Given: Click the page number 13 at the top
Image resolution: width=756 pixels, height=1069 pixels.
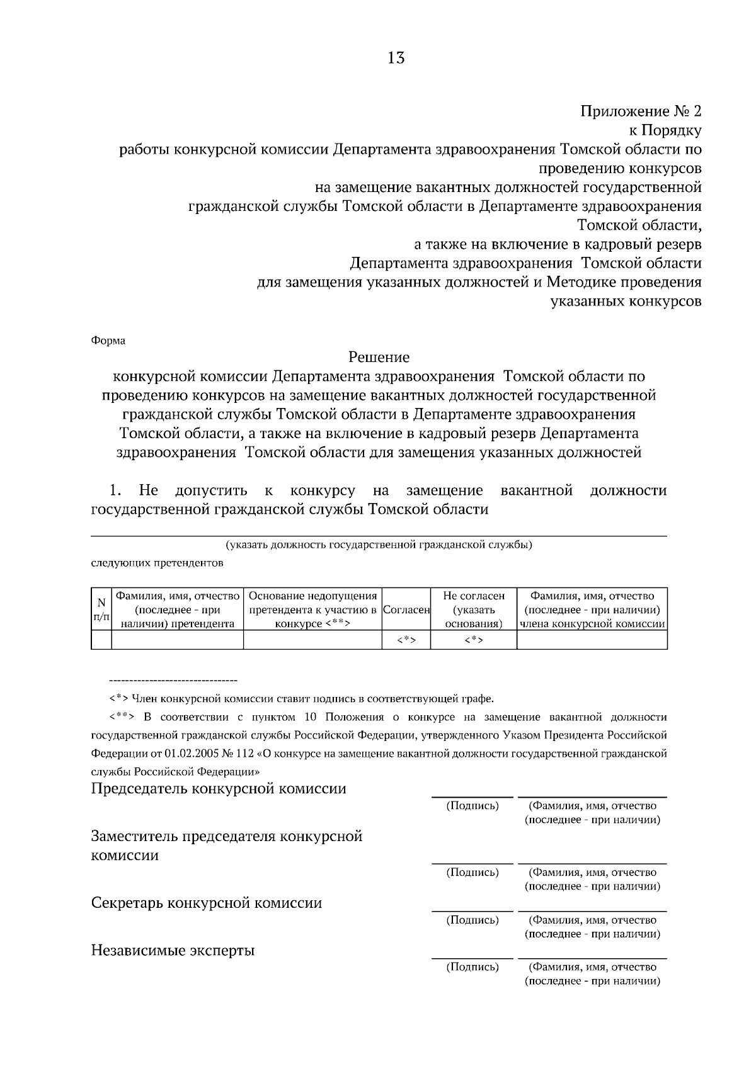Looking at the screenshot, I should click(x=396, y=59).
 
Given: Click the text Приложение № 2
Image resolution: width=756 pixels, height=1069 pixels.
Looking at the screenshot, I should click(x=640, y=111).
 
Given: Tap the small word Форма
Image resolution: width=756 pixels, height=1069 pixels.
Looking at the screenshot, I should click(x=108, y=341).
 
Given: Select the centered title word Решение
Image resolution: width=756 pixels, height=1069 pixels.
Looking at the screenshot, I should click(x=379, y=357).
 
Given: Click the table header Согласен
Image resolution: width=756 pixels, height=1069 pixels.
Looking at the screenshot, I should click(x=406, y=609).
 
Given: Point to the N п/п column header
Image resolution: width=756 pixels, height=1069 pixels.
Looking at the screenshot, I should click(x=101, y=609).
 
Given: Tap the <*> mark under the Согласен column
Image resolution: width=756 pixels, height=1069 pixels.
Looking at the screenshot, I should click(x=406, y=640).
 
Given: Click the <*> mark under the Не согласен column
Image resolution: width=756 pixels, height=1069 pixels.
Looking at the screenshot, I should click(x=474, y=640).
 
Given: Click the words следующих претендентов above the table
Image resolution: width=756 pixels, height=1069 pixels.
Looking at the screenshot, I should click(x=157, y=563).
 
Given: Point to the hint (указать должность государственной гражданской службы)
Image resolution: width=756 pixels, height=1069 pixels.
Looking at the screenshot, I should click(x=379, y=545).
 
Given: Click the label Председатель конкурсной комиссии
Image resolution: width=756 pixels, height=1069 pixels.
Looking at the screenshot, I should click(x=219, y=788).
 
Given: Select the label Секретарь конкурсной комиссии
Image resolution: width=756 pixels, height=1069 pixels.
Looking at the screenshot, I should click(x=207, y=903).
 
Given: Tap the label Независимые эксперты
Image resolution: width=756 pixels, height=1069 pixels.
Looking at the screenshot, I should click(x=173, y=950).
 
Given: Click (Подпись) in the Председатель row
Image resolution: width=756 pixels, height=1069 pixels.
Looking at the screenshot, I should click(x=472, y=806).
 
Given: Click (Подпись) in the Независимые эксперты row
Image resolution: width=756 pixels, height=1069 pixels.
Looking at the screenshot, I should click(x=472, y=967).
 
